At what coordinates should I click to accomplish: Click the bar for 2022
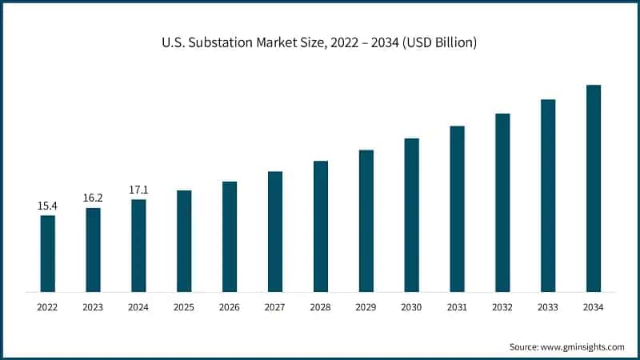(x=48, y=253)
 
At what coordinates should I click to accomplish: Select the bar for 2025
(x=184, y=241)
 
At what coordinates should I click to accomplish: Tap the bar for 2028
(x=321, y=226)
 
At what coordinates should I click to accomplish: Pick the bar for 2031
(x=457, y=208)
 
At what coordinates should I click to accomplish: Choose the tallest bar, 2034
(x=594, y=188)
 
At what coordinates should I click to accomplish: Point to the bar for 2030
(x=411, y=214)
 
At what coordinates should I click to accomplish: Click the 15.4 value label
(x=48, y=206)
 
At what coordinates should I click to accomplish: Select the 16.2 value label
(x=94, y=198)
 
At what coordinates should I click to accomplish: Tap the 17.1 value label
(x=138, y=190)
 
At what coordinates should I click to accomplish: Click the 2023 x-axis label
(x=94, y=307)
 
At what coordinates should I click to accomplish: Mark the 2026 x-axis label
(x=230, y=307)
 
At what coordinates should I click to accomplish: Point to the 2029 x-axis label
(x=366, y=307)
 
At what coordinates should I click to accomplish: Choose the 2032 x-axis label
(x=502, y=307)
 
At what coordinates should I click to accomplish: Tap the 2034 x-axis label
(x=594, y=307)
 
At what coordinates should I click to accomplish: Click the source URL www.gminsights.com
(x=583, y=346)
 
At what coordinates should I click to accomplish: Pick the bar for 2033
(x=548, y=195)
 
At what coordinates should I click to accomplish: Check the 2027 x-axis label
(x=275, y=307)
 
